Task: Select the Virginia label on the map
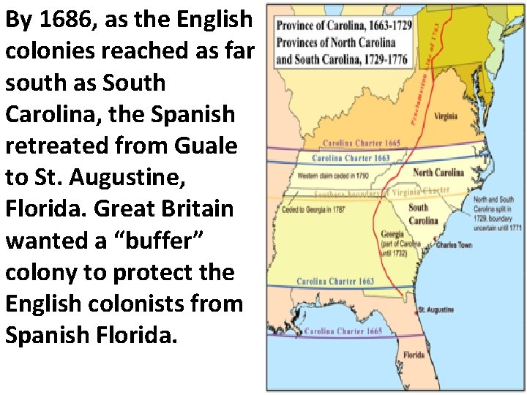446,116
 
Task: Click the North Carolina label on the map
438,173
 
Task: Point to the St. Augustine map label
436,310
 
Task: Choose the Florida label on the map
414,355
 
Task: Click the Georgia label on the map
392,235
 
